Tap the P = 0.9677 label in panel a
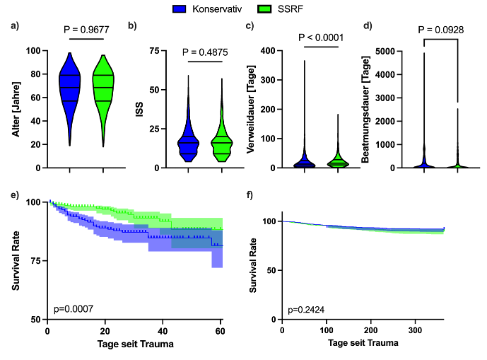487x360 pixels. pos(87,32)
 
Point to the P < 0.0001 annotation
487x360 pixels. pos(324,37)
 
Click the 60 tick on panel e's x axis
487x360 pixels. pos(221,330)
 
